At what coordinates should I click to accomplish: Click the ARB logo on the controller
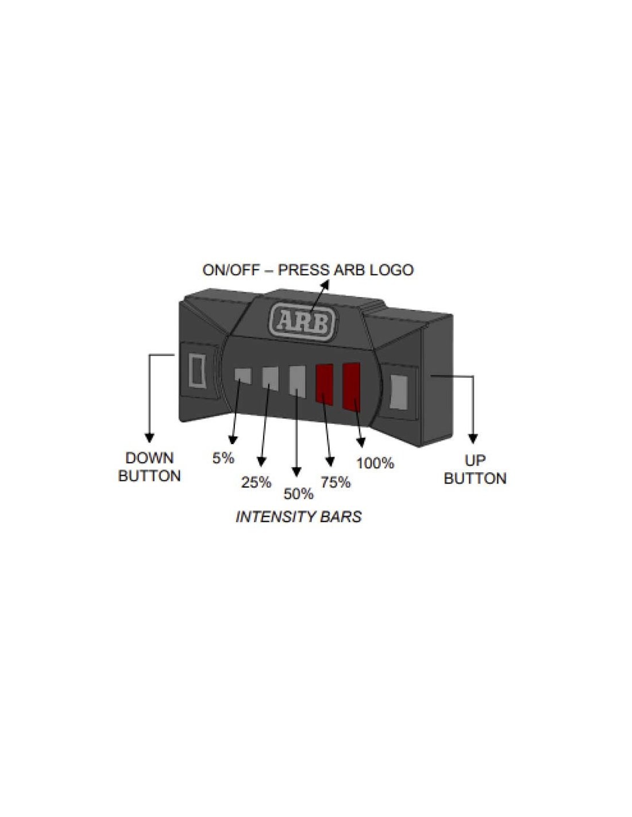pos(302,323)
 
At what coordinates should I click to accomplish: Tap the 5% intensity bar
pos(242,376)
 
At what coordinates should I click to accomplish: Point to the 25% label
pos(256,483)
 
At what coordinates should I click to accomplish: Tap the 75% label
pos(336,481)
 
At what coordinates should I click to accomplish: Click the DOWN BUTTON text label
pos(149,467)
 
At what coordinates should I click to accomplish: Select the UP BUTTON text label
pos(475,469)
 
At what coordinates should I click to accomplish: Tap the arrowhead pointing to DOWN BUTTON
pos(149,438)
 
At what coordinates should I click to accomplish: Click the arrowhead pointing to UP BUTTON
pos(473,438)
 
